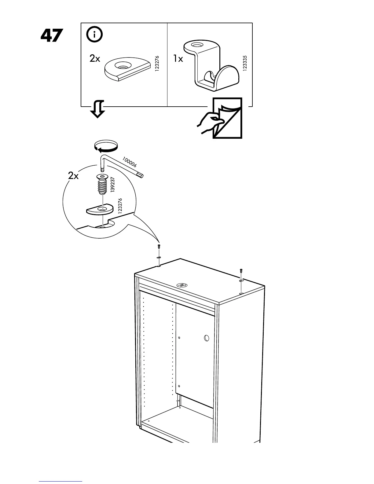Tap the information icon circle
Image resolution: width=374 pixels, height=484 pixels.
click(94, 35)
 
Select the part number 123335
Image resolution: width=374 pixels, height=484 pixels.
click(244, 63)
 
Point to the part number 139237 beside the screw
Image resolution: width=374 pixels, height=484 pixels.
click(113, 185)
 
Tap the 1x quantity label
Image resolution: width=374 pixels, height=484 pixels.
click(178, 58)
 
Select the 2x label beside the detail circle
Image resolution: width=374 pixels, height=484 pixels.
click(73, 176)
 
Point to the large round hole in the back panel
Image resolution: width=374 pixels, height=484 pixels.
click(207, 338)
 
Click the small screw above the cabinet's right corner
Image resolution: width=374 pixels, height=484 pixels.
click(241, 271)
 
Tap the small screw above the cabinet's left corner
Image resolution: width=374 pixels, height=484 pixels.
click(159, 247)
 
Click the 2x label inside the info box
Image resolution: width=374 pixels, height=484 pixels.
click(95, 58)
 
